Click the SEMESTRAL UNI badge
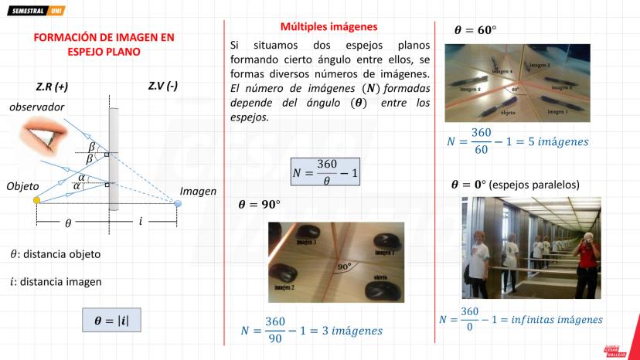(37, 12)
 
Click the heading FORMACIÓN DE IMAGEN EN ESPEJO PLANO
(104, 44)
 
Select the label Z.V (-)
(162, 87)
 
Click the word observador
(36, 107)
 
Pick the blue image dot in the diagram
(179, 203)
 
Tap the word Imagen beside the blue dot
(198, 191)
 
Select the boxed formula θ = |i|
(111, 320)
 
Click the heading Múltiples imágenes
(329, 26)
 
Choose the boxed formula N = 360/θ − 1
(325, 171)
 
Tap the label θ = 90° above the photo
(259, 205)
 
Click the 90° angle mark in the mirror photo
(343, 266)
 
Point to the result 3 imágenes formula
(311, 329)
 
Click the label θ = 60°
(475, 31)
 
